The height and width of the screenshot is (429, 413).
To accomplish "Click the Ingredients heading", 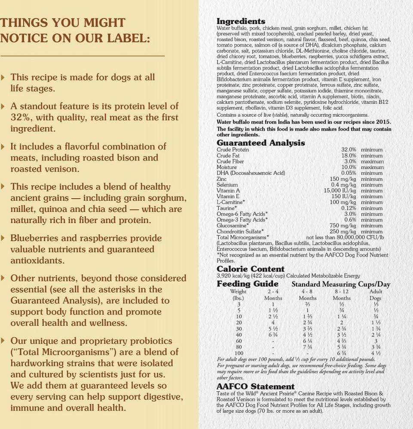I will coord(241,21).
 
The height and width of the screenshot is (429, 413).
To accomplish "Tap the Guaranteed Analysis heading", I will coord(260,143).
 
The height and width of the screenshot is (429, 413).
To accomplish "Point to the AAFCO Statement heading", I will coord(255,387).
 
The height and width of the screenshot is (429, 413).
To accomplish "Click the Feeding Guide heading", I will coord(247,284).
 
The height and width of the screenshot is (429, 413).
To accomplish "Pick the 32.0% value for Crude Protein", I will coord(349,150).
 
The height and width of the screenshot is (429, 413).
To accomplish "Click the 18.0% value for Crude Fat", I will coord(349,156).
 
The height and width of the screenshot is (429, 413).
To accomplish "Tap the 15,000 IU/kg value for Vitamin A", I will coord(340,190).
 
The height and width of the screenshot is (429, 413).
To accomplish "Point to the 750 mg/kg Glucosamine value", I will coord(343,226).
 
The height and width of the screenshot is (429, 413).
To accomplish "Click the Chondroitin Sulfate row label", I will coord(239,231).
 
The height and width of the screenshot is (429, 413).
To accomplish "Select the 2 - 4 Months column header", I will coord(273,295).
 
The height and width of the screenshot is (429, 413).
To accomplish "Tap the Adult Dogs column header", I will coord(376,295).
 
